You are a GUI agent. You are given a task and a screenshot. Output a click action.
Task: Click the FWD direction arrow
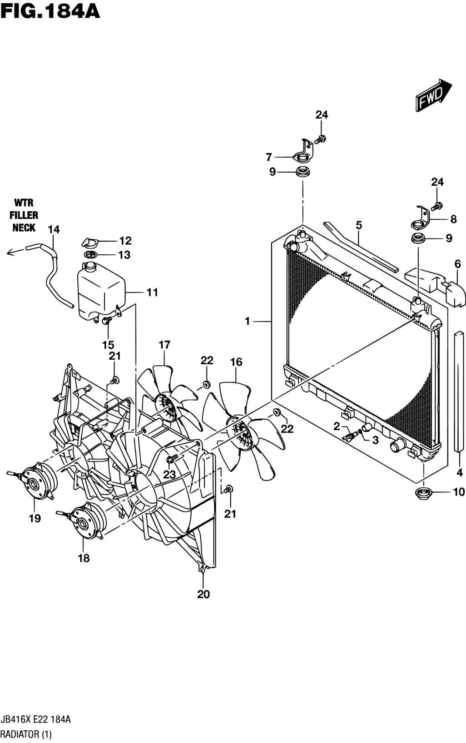433,95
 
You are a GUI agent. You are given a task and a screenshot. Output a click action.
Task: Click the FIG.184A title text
50,11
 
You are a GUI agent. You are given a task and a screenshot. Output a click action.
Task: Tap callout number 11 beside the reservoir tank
152,292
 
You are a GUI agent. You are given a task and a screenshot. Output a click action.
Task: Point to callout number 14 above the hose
54,229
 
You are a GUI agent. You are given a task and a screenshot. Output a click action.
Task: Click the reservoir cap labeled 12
90,243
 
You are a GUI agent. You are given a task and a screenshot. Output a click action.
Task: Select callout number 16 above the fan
236,362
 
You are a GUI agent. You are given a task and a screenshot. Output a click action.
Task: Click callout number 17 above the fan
164,345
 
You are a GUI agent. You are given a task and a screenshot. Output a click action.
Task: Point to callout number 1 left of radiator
247,321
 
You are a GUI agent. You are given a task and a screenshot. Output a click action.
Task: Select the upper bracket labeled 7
304,152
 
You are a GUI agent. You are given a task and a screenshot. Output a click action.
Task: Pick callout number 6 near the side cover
458,264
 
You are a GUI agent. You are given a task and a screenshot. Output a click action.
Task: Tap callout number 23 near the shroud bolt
169,475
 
